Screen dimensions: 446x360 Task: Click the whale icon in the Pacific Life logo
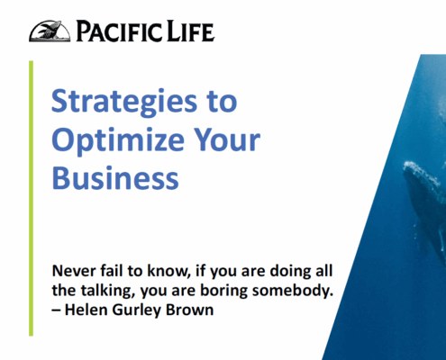point(50,31)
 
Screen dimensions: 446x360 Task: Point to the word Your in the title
point(227,139)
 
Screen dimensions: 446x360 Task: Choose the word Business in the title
point(115,177)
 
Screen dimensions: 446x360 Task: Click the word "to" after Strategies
point(222,102)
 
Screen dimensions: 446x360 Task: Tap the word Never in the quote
point(74,271)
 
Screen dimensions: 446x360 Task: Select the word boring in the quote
point(223,292)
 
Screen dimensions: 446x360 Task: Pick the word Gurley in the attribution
point(137,310)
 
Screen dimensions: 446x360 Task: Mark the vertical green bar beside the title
point(31,198)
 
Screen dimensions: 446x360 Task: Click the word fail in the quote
point(112,271)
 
